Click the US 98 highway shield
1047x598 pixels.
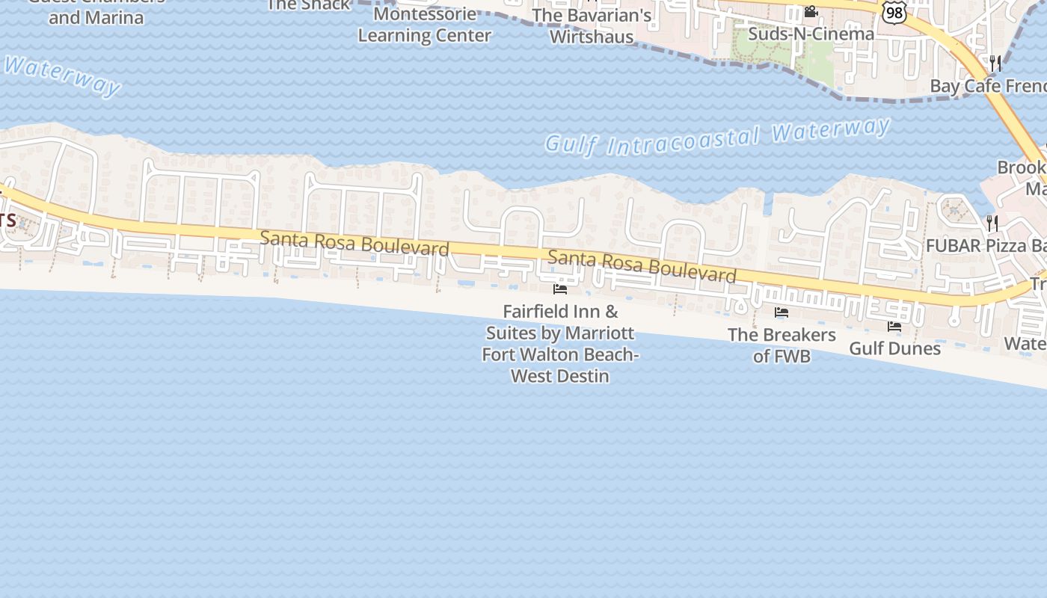click(894, 12)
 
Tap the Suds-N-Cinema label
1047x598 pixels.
click(811, 34)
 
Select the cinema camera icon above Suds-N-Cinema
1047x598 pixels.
click(811, 12)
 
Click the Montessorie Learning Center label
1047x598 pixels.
click(424, 25)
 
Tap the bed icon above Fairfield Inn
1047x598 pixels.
click(560, 289)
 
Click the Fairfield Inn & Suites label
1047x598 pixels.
click(560, 343)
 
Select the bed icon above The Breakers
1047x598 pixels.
click(782, 312)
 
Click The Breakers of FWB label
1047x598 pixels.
click(782, 345)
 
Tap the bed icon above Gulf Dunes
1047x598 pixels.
click(894, 327)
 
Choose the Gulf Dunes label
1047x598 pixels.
click(894, 348)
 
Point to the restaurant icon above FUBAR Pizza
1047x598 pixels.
click(992, 222)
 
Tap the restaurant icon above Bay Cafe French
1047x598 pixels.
click(995, 63)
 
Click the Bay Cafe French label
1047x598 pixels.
click(987, 85)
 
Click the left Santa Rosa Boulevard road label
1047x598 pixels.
click(354, 243)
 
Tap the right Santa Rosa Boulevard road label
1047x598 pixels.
click(642, 267)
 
